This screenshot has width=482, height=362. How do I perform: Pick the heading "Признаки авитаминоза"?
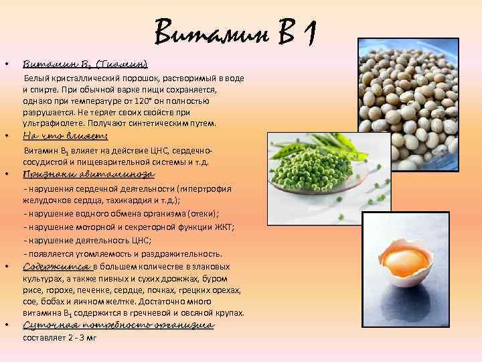[x=88, y=174]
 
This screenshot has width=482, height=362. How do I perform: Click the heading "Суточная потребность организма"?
[x=118, y=325]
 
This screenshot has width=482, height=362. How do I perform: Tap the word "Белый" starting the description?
[x=37, y=78]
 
